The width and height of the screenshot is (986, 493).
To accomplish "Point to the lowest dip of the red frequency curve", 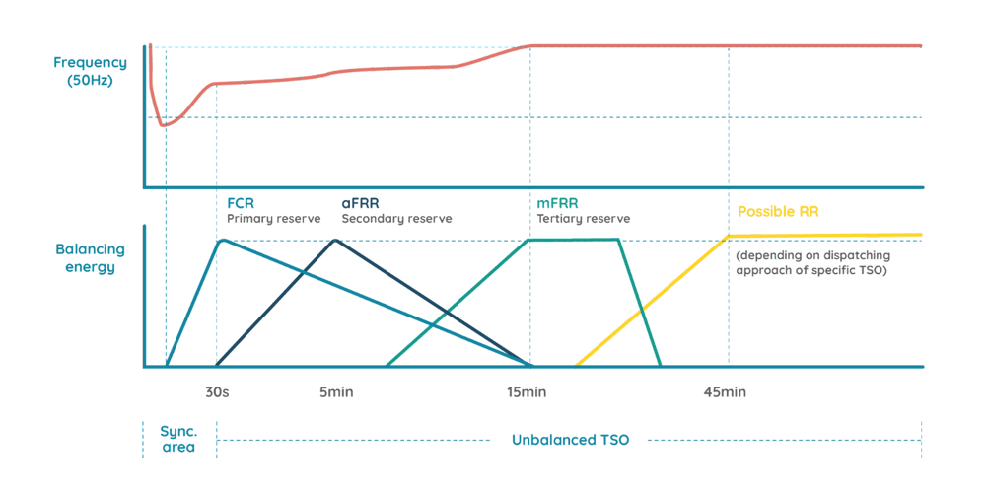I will [x=166, y=125].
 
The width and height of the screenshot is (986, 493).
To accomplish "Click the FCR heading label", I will [x=240, y=203].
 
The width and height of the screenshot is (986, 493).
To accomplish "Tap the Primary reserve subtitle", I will [x=274, y=218].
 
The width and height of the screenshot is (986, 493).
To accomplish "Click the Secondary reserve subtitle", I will [x=396, y=218].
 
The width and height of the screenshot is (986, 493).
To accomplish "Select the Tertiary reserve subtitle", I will [x=584, y=218].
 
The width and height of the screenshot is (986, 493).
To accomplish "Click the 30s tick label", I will [x=217, y=392].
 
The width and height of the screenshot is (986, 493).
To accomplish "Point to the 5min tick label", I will [x=336, y=392].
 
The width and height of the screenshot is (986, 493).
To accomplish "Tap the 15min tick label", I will [x=528, y=392].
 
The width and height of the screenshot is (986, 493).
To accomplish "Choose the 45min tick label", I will [x=726, y=392].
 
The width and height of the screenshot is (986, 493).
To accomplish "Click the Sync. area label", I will [x=177, y=439].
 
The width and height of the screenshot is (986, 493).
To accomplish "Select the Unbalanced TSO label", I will [x=570, y=439].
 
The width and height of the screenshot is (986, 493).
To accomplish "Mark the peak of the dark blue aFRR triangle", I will [x=336, y=240].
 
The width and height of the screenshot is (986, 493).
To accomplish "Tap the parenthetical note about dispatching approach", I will [x=813, y=262].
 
